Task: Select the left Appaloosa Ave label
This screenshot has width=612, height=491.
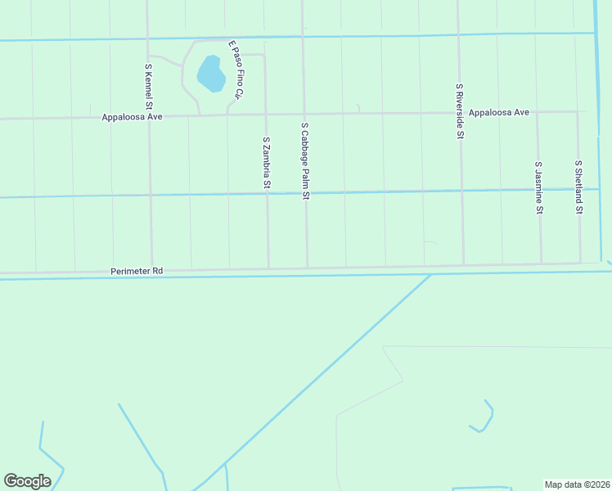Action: click(133, 117)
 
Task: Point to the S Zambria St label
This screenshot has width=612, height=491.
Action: click(266, 163)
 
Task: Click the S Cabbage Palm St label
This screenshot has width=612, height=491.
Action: click(305, 161)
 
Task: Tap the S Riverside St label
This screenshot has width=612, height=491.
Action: click(460, 110)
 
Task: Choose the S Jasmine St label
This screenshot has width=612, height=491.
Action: click(538, 187)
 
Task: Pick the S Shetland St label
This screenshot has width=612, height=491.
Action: click(578, 187)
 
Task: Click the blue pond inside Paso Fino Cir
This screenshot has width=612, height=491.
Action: click(212, 74)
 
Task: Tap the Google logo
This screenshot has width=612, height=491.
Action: click(27, 481)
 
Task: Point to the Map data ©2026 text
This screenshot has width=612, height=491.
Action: click(578, 484)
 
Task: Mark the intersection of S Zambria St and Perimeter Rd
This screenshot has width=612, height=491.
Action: click(268, 268)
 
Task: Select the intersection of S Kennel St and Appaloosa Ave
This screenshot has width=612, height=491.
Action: click(150, 116)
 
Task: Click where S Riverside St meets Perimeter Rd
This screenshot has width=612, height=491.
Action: click(464, 265)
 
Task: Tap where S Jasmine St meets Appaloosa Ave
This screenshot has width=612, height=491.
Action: click(538, 112)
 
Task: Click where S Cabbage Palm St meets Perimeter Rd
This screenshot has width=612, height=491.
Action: click(308, 268)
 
